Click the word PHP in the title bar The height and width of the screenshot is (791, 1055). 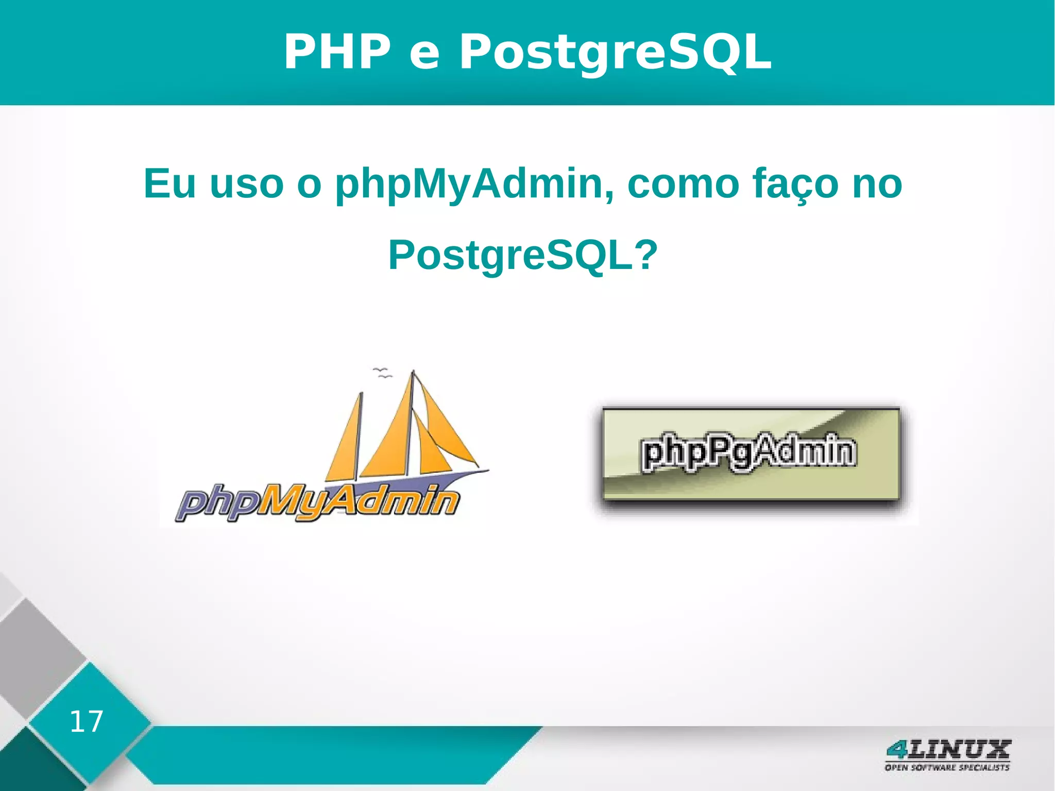point(337,52)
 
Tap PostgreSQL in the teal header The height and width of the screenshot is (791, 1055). point(615,52)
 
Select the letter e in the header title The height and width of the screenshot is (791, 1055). point(424,56)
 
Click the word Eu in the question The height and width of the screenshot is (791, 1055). point(170,183)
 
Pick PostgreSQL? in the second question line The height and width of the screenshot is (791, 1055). point(523,256)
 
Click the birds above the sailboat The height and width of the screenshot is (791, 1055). point(382,372)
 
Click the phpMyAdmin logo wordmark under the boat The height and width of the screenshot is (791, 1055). point(317,502)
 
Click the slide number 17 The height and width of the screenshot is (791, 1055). point(86,721)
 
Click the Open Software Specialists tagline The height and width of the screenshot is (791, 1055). point(947,768)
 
